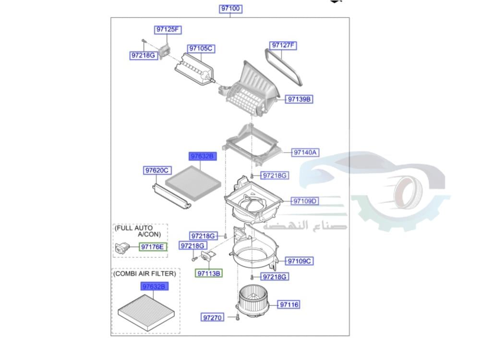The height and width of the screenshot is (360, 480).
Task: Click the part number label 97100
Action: [230, 9]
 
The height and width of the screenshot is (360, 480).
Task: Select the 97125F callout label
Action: [168, 30]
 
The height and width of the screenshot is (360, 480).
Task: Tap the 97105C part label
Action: [200, 48]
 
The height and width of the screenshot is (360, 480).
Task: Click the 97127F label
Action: [283, 46]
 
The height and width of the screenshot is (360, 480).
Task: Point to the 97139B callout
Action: [300, 99]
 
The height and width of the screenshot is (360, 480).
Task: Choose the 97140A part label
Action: [306, 153]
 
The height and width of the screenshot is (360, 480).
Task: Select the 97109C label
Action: [300, 261]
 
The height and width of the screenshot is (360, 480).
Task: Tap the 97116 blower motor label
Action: [289, 305]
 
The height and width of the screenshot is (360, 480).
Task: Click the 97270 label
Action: [212, 317]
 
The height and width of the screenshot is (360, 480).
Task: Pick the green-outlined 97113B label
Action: [209, 274]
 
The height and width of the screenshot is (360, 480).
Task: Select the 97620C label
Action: [157, 170]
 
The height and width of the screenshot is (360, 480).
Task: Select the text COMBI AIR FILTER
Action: [144, 274]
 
